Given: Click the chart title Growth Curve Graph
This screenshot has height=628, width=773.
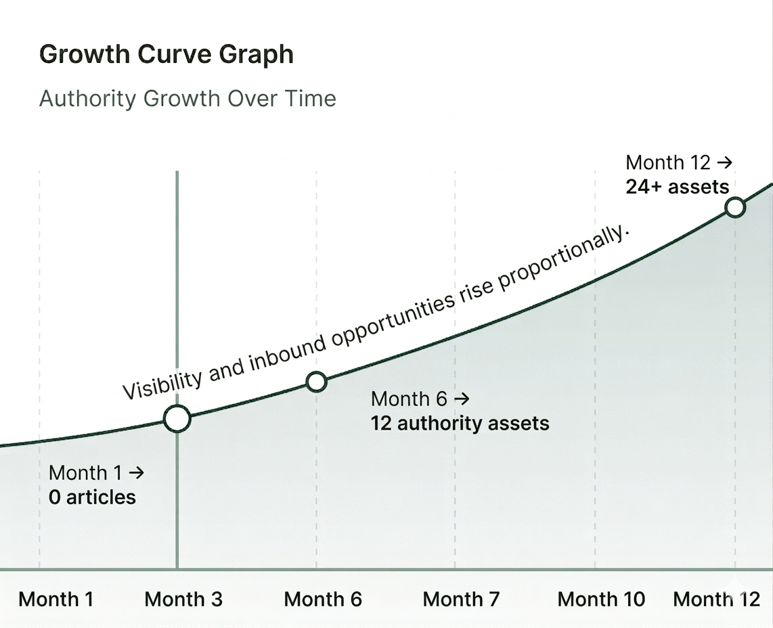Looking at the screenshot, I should coord(167,54).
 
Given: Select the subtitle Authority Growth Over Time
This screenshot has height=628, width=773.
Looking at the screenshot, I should coord(187,99).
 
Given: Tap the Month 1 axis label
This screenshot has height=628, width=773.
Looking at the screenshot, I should coord(56,599).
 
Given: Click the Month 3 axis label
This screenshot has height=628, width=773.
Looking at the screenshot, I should coord(183,599).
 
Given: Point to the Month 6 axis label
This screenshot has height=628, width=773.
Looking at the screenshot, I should coord(323,599).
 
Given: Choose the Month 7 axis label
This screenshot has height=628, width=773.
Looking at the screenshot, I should coord(461,599).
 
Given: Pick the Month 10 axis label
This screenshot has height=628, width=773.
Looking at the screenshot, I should coord(601,599).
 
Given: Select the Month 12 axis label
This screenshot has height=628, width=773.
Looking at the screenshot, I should coord(717,599).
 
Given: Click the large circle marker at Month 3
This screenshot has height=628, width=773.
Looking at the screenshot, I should coord(177,419).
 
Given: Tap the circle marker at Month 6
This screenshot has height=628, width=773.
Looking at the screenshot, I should coord(316,382).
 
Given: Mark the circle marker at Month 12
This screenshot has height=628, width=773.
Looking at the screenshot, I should coord(734,207).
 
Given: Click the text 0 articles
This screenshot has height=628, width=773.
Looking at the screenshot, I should coord(92,497).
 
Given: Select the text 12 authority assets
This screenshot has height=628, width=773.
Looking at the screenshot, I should coord(460,424).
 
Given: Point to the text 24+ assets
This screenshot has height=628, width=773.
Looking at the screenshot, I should coord(677,187).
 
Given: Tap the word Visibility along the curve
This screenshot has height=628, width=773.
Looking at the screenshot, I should coord(162,382).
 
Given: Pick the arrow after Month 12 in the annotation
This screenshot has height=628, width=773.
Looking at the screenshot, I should coord(725,163).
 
